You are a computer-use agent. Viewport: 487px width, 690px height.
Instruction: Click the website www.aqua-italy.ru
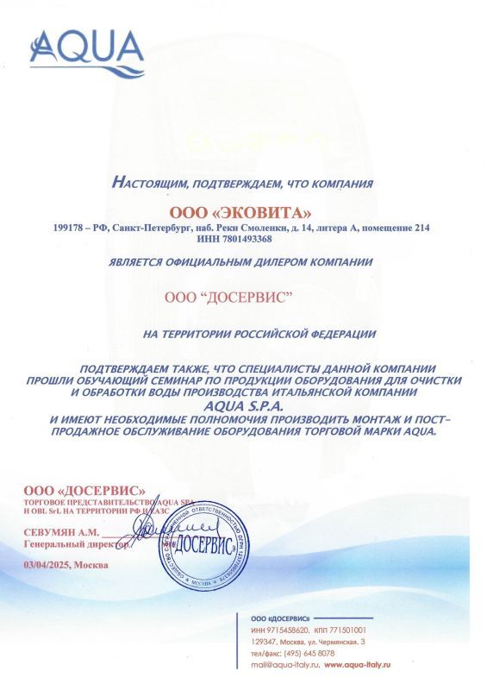point(358,666)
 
